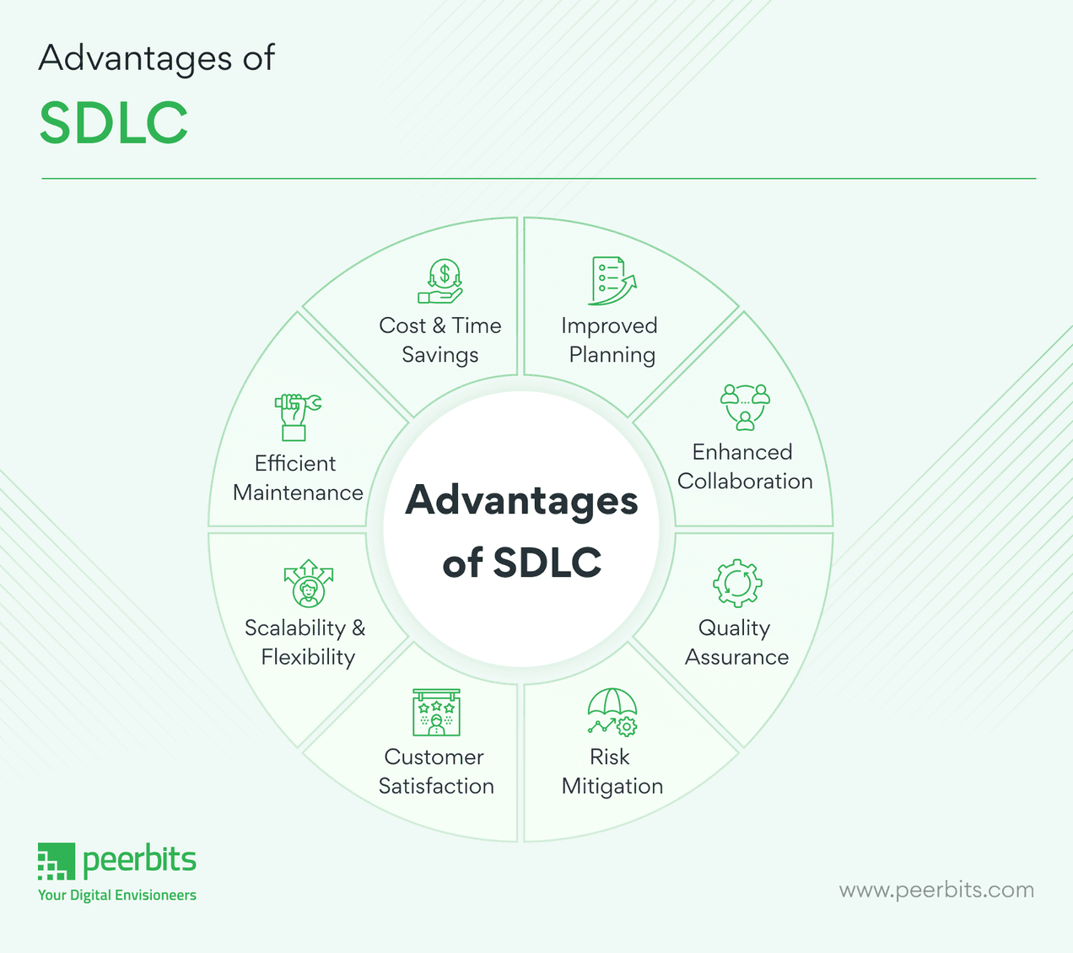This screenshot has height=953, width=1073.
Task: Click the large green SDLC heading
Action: [114, 124]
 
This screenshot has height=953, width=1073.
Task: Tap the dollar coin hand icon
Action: [441, 282]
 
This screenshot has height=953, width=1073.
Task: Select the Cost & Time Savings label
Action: [439, 340]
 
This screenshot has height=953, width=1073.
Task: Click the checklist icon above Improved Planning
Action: [612, 281]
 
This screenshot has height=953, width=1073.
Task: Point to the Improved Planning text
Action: [610, 340]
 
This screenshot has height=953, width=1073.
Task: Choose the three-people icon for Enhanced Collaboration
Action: [745, 407]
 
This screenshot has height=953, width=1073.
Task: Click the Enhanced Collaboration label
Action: [744, 466]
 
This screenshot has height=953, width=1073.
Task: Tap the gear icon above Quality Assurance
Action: [737, 583]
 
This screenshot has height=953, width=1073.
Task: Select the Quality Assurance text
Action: [736, 642]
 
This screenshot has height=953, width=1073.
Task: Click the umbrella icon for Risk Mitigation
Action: [612, 712]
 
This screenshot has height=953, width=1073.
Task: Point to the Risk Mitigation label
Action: [612, 771]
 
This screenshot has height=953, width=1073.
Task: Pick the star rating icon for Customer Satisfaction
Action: [436, 713]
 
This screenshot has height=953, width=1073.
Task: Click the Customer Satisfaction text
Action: [435, 771]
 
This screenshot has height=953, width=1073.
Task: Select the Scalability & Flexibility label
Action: [305, 642]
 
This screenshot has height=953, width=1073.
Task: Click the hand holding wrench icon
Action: [296, 417]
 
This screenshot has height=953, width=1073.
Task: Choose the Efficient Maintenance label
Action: [297, 477]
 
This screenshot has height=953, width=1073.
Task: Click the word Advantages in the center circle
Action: [521, 500]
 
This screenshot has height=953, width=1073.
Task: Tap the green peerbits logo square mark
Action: [56, 861]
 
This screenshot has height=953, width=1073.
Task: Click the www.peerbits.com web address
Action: [936, 890]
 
